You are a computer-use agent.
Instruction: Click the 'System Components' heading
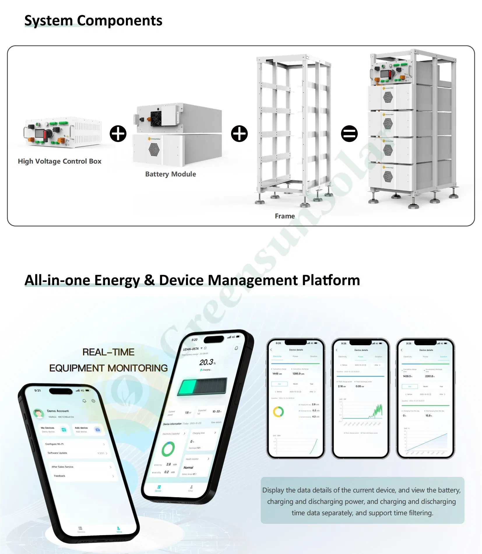[x=93, y=21]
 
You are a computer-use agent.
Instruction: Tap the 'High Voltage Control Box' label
[x=59, y=161]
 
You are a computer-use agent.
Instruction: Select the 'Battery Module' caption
[x=170, y=174]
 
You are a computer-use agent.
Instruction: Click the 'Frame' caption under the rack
[x=284, y=216]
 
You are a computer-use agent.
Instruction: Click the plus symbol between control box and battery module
[x=118, y=134]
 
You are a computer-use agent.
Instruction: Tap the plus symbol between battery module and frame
[x=239, y=134]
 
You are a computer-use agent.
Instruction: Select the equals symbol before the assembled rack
[x=349, y=134]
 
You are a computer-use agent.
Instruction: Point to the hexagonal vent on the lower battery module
[x=154, y=149]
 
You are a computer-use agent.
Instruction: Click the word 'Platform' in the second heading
[x=331, y=280]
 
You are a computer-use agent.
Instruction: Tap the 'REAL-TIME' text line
[x=108, y=352]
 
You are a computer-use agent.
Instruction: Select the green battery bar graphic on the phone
[x=202, y=387]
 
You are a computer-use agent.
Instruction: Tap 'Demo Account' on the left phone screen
[x=58, y=411]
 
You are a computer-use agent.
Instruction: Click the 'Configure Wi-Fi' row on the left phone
[x=55, y=444]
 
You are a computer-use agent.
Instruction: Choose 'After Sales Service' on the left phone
[x=62, y=467]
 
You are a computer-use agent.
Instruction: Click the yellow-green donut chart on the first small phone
[x=278, y=412]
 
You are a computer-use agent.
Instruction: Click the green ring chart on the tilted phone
[x=168, y=449]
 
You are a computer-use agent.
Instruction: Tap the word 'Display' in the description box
[x=273, y=490]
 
